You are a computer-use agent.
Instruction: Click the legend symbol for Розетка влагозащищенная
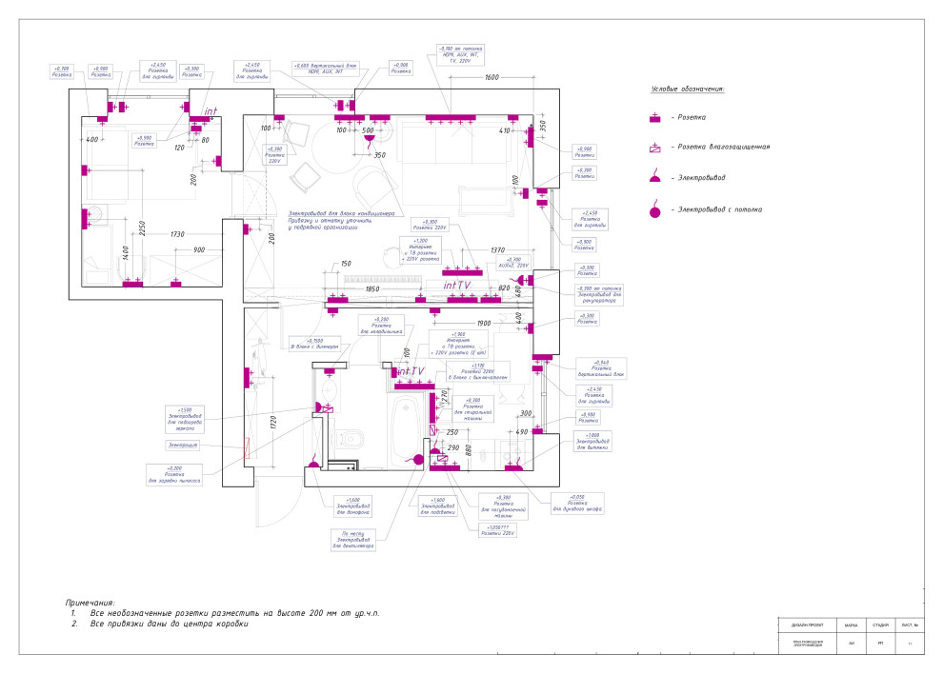(x=654, y=148)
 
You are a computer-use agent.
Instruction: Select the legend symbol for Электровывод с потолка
(x=654, y=209)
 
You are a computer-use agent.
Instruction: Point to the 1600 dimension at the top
(x=492, y=77)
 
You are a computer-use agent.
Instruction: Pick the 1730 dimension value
(x=177, y=234)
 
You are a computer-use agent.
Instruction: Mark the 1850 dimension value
(x=372, y=288)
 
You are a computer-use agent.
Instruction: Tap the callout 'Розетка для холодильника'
(x=381, y=326)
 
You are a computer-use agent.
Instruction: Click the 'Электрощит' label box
(x=184, y=446)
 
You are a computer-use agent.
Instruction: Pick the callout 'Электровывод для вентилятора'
(x=353, y=541)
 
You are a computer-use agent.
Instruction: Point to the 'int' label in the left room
(x=211, y=111)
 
